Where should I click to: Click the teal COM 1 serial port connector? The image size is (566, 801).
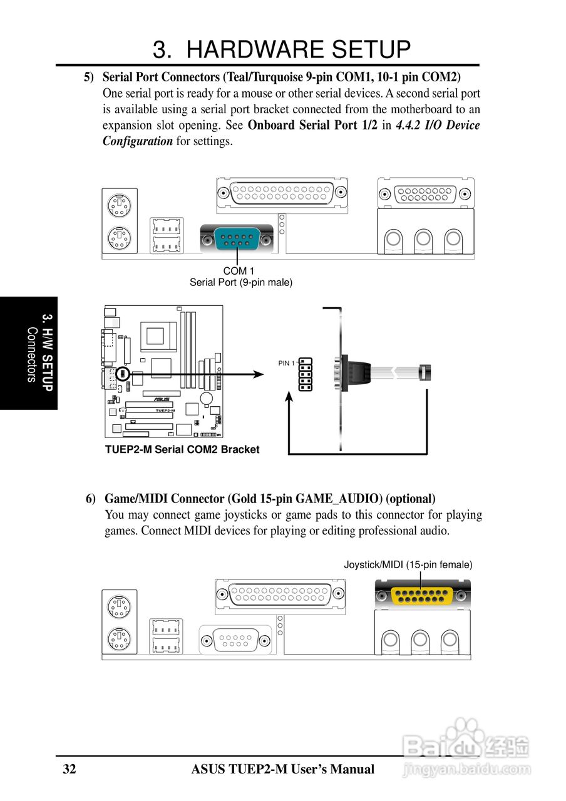click(x=237, y=238)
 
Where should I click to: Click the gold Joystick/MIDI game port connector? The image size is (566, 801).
click(x=422, y=594)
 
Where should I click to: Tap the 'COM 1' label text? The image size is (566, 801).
click(x=239, y=271)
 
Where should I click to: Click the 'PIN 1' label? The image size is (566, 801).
click(x=286, y=363)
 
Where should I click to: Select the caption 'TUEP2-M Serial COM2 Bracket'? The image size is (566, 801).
click(x=182, y=449)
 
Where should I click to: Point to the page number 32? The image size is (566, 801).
click(x=69, y=769)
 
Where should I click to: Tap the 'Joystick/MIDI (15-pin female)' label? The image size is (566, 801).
click(x=408, y=564)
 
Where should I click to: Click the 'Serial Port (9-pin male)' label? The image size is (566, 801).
click(x=241, y=282)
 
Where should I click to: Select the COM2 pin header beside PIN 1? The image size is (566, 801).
click(x=306, y=374)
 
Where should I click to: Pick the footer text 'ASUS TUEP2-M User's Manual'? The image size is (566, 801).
click(x=283, y=769)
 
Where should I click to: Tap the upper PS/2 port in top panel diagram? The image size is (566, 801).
click(x=119, y=205)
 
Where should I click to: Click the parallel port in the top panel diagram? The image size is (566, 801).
click(x=282, y=192)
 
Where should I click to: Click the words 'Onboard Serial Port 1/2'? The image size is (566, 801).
click(x=312, y=125)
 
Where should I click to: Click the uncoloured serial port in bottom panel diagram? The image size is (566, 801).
click(x=235, y=640)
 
